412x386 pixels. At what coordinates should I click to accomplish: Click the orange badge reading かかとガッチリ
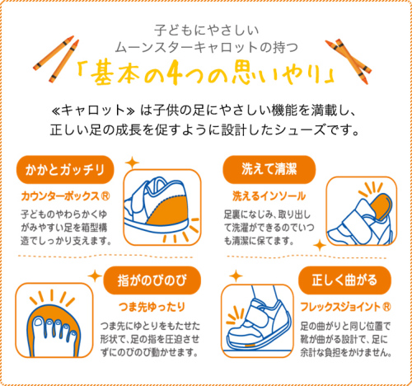(x=63, y=171)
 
